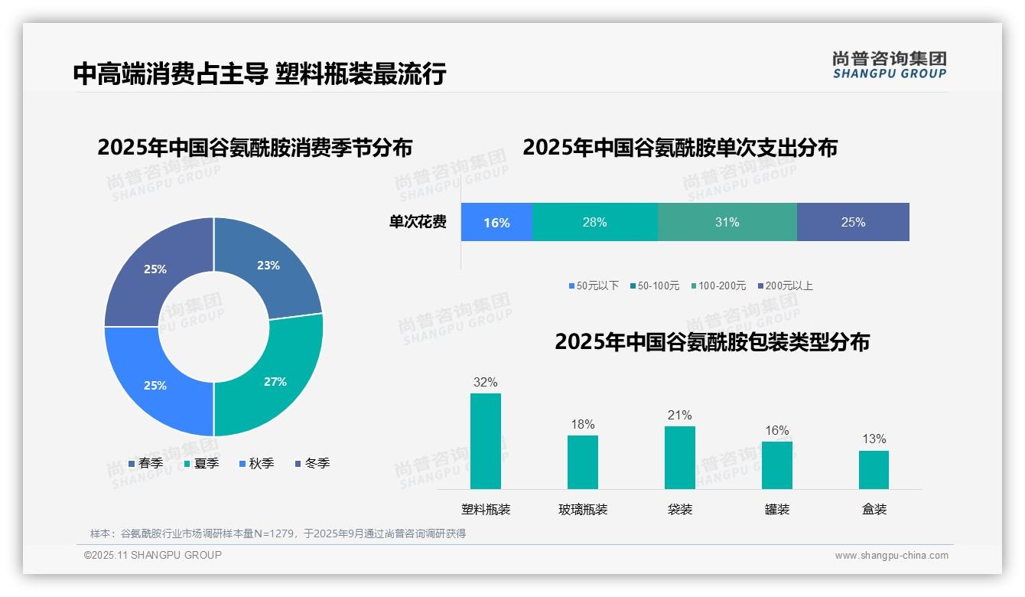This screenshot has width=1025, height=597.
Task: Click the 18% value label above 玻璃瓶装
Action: pyautogui.click(x=583, y=425)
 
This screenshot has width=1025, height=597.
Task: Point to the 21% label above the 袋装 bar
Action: pyautogui.click(x=679, y=416)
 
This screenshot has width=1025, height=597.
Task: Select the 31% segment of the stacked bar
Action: pyautogui.click(x=727, y=222)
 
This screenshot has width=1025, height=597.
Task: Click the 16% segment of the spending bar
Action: pyautogui.click(x=496, y=223)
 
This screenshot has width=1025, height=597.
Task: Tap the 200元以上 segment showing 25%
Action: pyautogui.click(x=853, y=222)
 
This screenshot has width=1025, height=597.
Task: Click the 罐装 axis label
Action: pyautogui.click(x=777, y=510)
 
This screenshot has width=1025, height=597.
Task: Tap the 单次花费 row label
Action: pyautogui.click(x=418, y=223)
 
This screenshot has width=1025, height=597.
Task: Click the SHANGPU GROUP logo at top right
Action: pyautogui.click(x=889, y=65)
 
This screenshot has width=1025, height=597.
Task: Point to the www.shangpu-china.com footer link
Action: pyautogui.click(x=891, y=556)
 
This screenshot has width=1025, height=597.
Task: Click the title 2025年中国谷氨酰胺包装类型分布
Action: pyautogui.click(x=712, y=341)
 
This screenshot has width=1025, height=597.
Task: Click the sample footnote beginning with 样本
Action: pyautogui.click(x=278, y=533)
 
